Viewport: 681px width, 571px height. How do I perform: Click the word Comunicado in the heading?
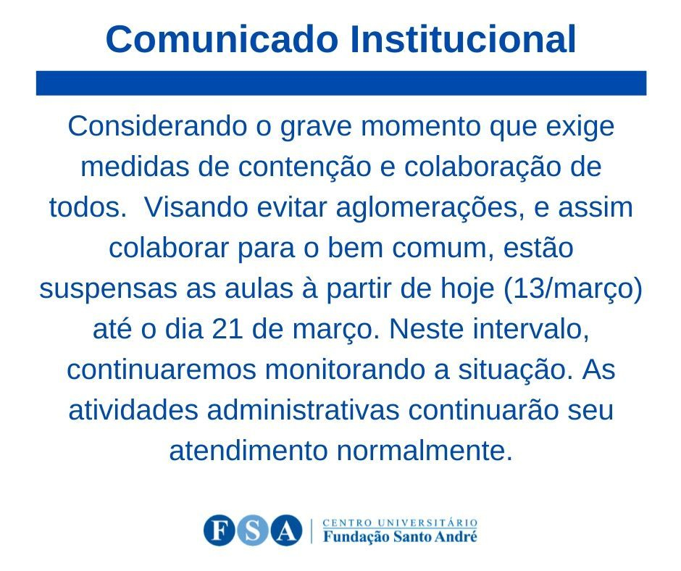pyautogui.click(x=222, y=39)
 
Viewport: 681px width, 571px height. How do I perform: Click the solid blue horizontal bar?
pyautogui.click(x=341, y=83)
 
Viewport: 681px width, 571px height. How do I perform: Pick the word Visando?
pyautogui.click(x=196, y=207)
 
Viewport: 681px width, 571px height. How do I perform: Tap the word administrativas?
pyautogui.click(x=303, y=411)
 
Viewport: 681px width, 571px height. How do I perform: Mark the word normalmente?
pyautogui.click(x=425, y=452)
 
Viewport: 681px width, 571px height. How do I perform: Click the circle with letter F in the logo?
pyautogui.click(x=220, y=530)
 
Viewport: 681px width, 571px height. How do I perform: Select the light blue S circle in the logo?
pyautogui.click(x=253, y=530)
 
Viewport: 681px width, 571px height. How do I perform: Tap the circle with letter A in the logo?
pyautogui.click(x=286, y=530)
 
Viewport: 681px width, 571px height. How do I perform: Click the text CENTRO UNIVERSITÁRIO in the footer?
pyautogui.click(x=400, y=522)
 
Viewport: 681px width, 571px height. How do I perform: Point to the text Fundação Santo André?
pyautogui.click(x=400, y=537)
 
